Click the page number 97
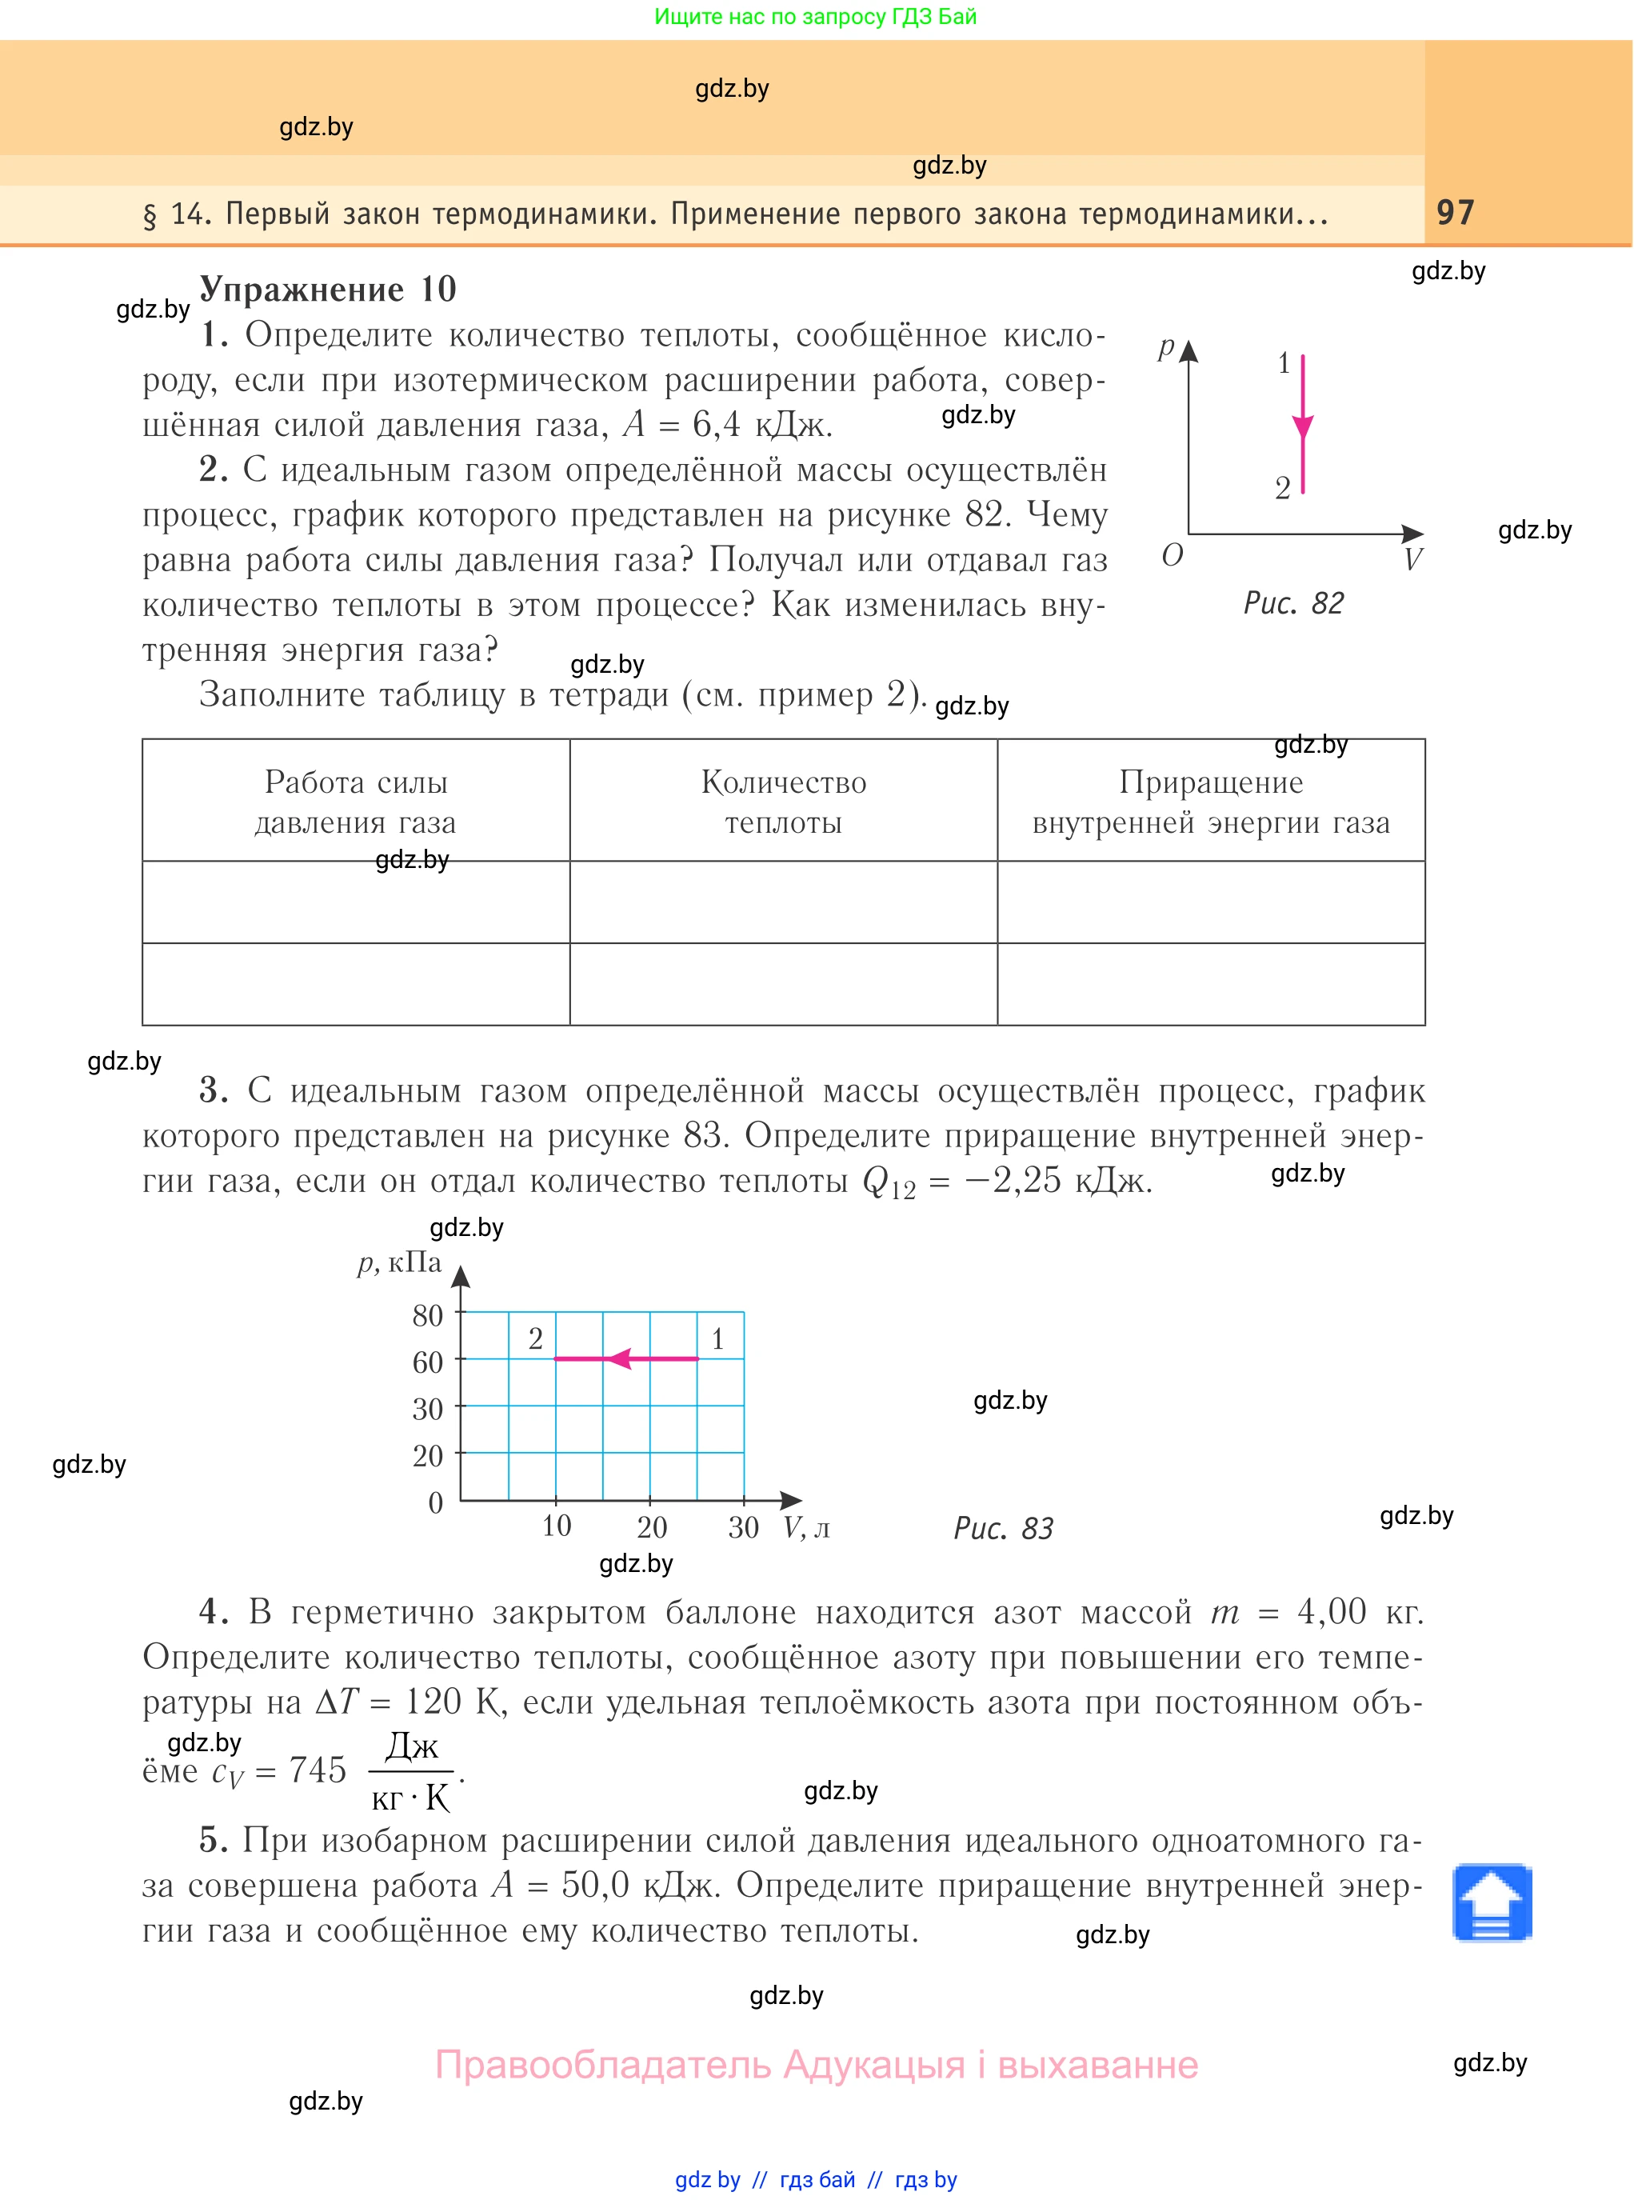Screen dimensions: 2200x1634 point(1455,212)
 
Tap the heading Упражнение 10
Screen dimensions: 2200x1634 point(327,289)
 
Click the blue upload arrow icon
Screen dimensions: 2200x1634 point(1492,1902)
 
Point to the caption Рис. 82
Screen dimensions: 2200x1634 point(1292,602)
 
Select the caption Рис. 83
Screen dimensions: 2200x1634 point(1003,1528)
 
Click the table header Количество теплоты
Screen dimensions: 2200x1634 point(783,802)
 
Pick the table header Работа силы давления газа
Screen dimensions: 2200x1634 point(355,802)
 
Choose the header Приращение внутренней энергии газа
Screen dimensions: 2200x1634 point(1211,802)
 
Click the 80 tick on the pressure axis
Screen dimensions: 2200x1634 point(427,1316)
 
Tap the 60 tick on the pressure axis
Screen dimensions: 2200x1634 point(427,1362)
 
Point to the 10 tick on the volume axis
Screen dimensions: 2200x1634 point(556,1526)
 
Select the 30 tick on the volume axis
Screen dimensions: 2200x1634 point(743,1526)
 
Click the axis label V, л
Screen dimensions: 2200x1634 point(806,1528)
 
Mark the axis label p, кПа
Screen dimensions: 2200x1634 point(400,1263)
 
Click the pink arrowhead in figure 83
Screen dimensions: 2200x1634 point(619,1358)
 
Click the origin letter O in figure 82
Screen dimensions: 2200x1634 point(1172,556)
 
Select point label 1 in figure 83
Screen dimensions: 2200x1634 point(718,1338)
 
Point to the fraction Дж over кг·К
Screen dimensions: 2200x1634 point(411,1772)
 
